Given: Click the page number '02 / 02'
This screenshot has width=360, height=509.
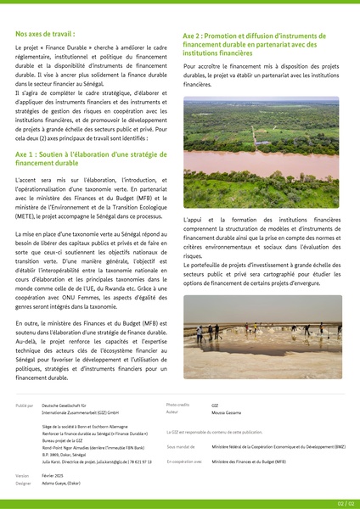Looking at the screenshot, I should [345, 503].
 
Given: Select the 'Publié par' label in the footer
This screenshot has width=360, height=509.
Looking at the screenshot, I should [24, 406].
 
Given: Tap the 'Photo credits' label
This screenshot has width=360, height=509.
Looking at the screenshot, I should [178, 406].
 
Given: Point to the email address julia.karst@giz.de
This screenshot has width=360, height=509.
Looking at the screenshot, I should [114, 461].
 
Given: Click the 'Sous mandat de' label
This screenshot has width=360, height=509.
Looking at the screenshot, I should [181, 446].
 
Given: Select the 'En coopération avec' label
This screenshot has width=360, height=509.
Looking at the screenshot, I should [184, 461].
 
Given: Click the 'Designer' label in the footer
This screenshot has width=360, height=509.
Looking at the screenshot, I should [23, 483].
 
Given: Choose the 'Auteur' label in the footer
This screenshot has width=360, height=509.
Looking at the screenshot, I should [173, 411].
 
